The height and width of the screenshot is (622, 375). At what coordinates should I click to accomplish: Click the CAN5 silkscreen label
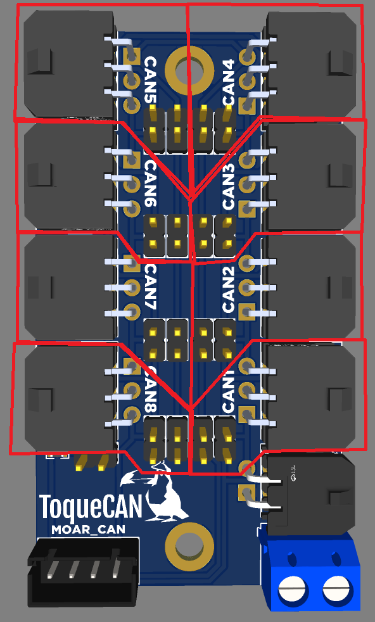point(151,80)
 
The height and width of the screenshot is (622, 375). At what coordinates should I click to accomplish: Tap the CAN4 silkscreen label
point(229,82)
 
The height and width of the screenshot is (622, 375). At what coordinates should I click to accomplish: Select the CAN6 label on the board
point(151,184)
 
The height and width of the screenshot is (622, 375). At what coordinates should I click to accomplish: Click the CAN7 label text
point(151,286)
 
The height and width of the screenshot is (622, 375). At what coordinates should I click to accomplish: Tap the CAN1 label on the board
point(229,390)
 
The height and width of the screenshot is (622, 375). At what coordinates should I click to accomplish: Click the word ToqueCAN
point(90,508)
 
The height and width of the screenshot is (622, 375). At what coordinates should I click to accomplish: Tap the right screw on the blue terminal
point(336,588)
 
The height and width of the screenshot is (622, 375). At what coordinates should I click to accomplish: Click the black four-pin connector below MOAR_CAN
point(84,572)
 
